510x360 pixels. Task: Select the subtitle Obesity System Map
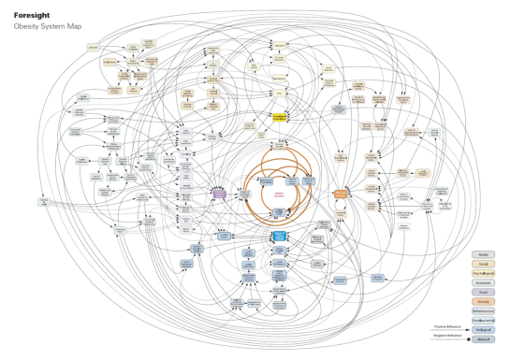pyautogui.click(x=41, y=26)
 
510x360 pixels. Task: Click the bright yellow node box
pyautogui.click(x=279, y=117)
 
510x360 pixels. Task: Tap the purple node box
pyautogui.click(x=219, y=193)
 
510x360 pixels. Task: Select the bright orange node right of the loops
pyautogui.click(x=341, y=193)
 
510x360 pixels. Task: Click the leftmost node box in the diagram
pyautogui.click(x=43, y=200)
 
